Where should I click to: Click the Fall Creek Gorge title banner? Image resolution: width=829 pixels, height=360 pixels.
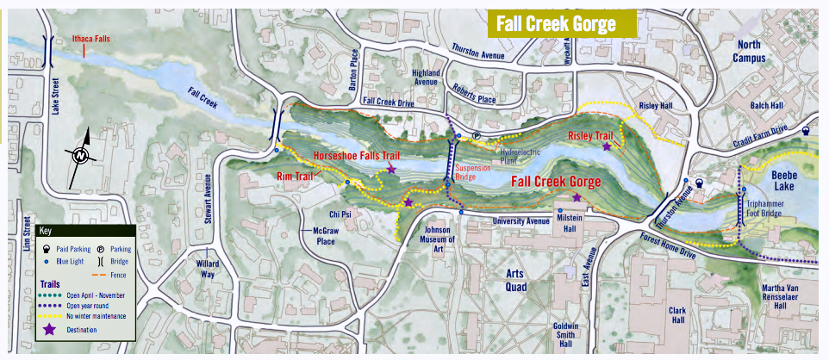pos(561,23)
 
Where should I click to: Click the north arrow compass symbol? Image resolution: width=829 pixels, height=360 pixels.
pos(80,155)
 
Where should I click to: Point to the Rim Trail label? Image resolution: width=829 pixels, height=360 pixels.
pos(294,175)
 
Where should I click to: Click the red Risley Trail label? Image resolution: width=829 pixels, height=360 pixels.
pos(590,135)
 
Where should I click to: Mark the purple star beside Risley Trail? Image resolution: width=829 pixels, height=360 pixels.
pos(608,147)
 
